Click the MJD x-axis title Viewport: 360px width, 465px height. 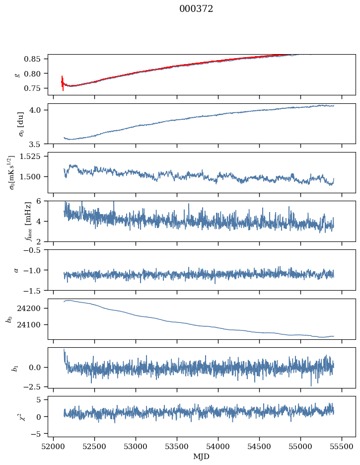[202, 456]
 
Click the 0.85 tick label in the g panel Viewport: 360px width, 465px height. [35, 59]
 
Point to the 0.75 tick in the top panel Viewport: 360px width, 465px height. [35, 88]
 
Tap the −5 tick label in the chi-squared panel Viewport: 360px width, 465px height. [38, 434]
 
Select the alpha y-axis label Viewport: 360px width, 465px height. [16, 270]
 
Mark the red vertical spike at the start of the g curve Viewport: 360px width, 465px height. [63, 82]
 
